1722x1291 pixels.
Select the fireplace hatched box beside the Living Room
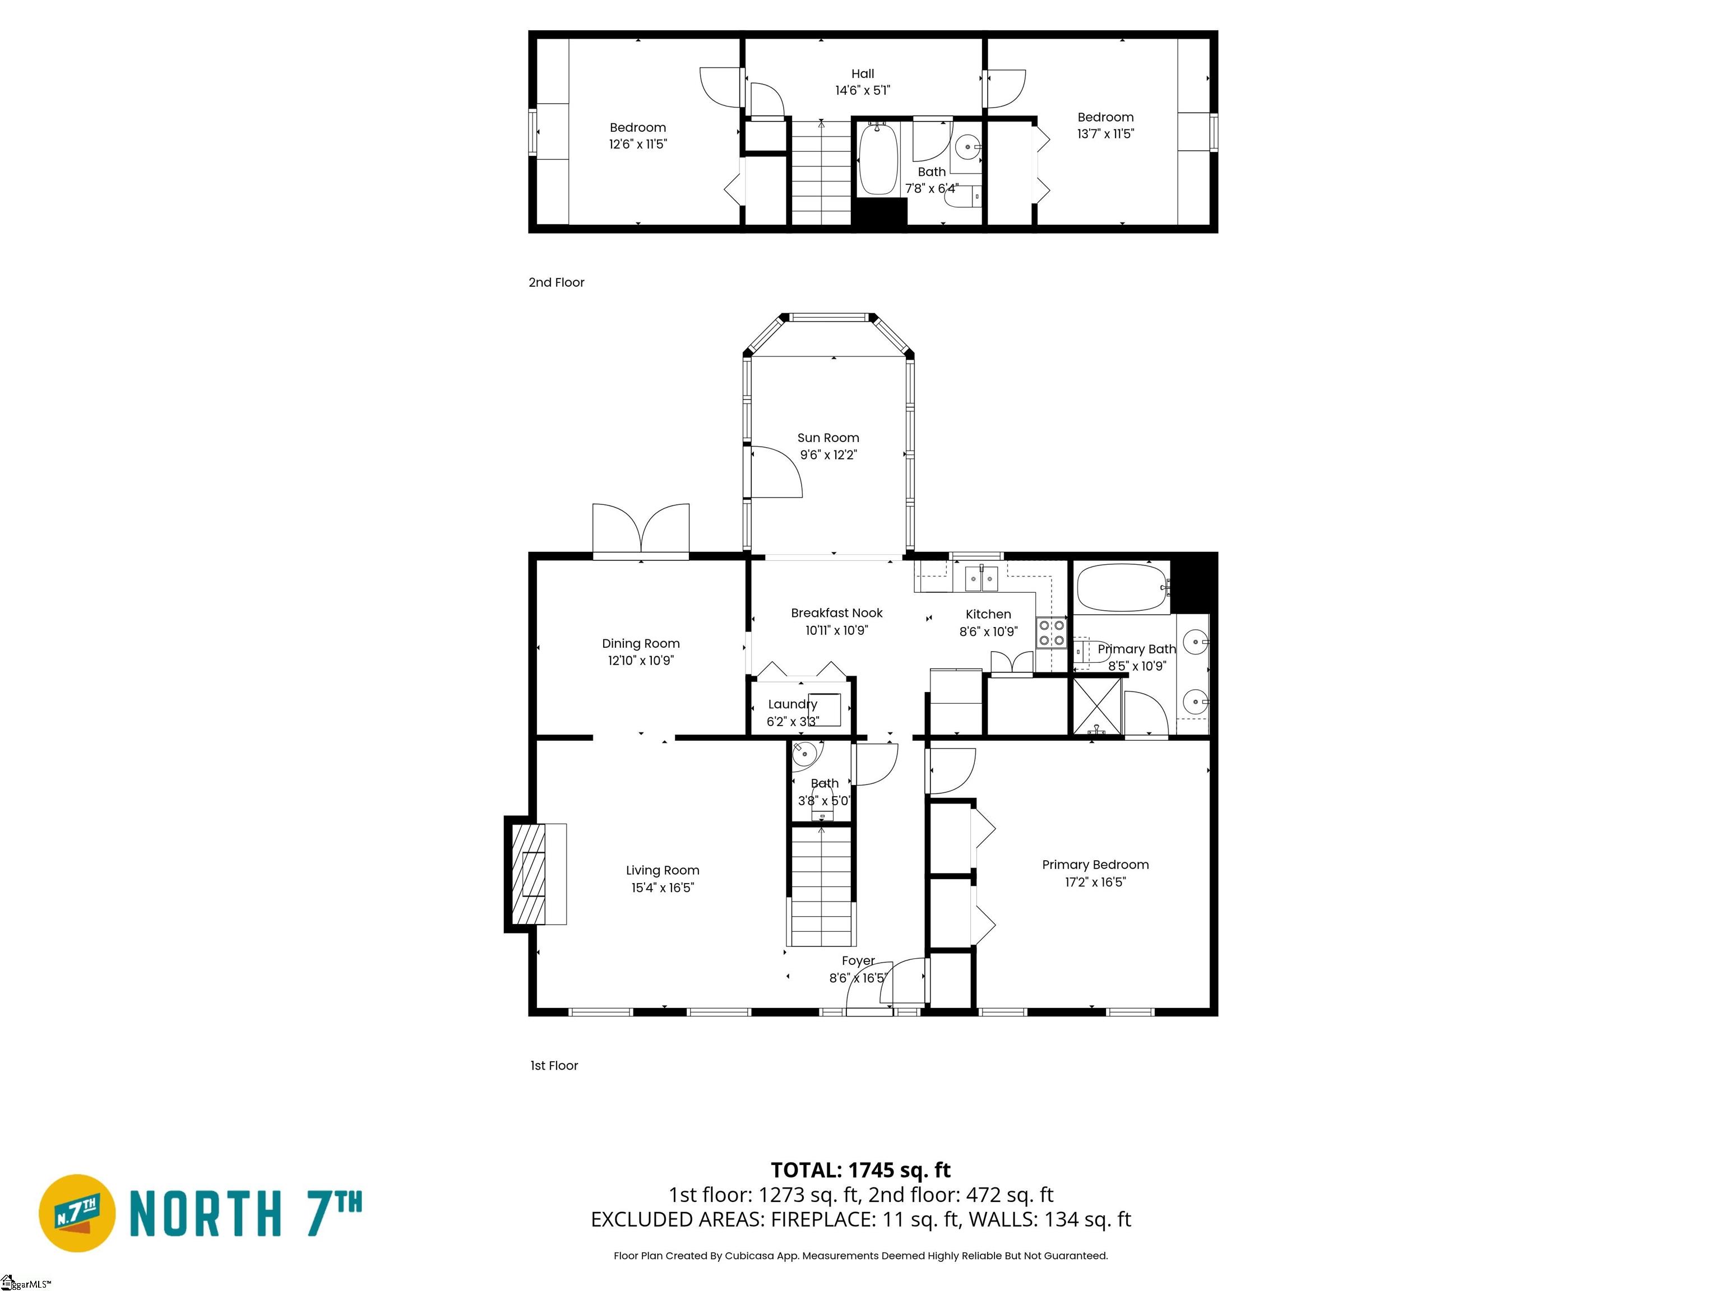(x=528, y=873)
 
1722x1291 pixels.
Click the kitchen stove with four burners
(x=1051, y=633)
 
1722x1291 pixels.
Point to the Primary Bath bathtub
(x=1121, y=589)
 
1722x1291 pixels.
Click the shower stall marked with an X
(x=1098, y=706)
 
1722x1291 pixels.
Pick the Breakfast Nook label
(x=836, y=613)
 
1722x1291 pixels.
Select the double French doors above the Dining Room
(x=641, y=529)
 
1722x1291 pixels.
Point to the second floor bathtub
(x=878, y=160)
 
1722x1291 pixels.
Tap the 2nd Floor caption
(x=556, y=282)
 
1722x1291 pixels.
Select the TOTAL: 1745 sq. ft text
(x=860, y=1169)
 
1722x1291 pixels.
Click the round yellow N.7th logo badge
(x=77, y=1213)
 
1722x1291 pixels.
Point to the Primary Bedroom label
(x=1095, y=865)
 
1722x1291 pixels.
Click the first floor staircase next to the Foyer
(x=821, y=887)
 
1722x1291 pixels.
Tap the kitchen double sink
(x=981, y=578)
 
